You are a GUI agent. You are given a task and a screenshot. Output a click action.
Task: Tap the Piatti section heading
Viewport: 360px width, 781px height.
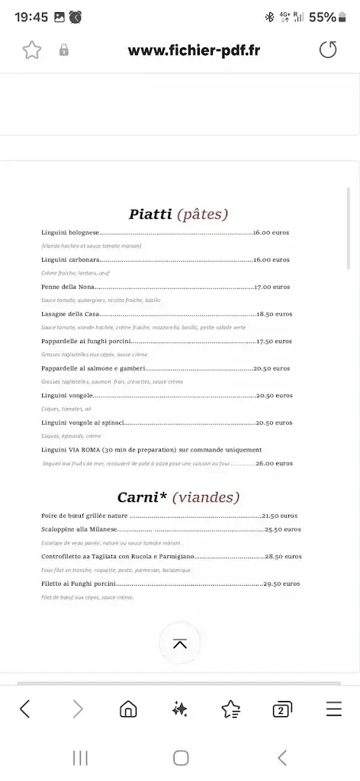[178, 214]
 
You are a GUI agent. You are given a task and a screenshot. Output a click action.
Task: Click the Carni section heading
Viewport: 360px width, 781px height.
[178, 497]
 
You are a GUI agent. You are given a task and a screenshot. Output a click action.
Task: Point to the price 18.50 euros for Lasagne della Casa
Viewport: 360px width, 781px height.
[275, 314]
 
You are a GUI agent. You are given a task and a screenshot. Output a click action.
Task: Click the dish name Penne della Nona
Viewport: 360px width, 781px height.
[66, 287]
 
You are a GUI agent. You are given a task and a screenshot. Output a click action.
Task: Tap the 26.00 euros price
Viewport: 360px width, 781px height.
[274, 463]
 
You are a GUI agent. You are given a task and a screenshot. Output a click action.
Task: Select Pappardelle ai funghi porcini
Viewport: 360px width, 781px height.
[87, 342]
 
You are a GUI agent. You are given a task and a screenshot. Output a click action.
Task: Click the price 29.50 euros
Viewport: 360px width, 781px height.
[281, 583]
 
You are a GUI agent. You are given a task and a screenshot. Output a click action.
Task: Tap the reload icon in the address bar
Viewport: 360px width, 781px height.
[327, 50]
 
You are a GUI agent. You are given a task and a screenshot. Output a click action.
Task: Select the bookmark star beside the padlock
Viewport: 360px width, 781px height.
[31, 50]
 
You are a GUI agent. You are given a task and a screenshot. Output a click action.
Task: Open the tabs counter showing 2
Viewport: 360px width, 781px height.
[282, 709]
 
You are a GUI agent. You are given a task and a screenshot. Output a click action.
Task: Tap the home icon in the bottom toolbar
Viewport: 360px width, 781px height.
[128, 709]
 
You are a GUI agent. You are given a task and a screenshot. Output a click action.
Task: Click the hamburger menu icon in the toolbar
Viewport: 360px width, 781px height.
[333, 709]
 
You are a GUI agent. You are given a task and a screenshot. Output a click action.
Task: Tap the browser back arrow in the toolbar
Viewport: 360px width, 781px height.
[25, 709]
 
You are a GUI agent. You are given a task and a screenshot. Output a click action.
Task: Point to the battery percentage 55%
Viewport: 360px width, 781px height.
[323, 17]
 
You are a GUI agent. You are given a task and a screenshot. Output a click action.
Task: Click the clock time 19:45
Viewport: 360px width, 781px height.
[31, 17]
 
